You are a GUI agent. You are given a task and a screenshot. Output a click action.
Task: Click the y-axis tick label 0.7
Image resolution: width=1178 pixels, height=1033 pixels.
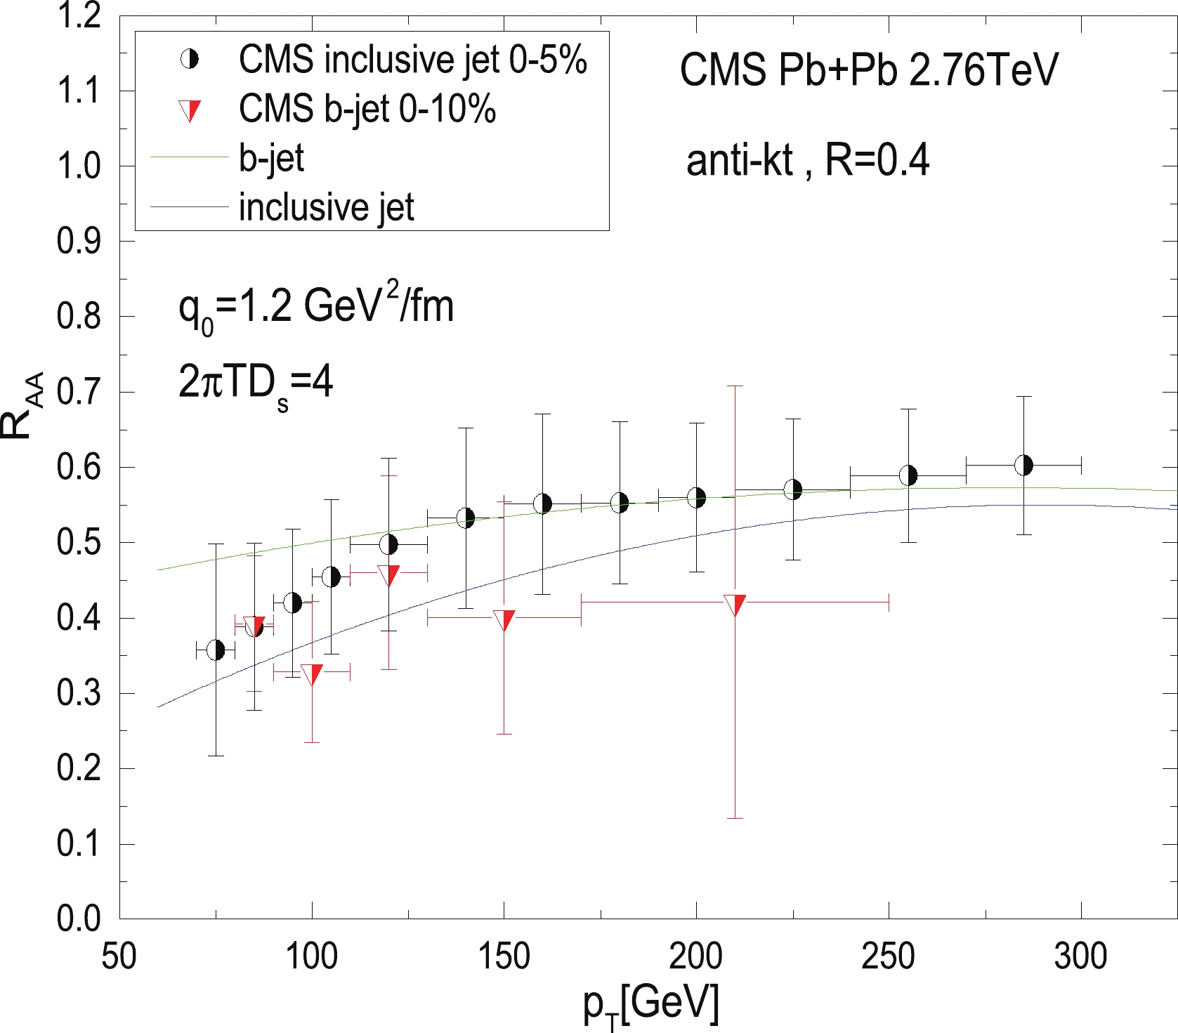(x=79, y=392)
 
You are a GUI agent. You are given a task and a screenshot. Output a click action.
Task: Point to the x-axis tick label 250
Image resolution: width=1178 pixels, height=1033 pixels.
(x=889, y=956)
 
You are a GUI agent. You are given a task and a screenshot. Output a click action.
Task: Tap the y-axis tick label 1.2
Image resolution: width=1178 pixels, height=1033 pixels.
(x=79, y=15)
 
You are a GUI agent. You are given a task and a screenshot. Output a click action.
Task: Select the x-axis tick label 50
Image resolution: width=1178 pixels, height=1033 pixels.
(x=119, y=956)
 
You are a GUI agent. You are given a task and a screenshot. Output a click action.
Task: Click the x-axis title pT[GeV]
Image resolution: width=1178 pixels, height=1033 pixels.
(x=651, y=1004)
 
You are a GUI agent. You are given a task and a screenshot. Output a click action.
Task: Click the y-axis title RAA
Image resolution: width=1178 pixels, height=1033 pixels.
(x=21, y=406)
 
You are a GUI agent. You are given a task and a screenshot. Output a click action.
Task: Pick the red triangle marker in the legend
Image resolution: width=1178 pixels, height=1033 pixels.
(x=190, y=111)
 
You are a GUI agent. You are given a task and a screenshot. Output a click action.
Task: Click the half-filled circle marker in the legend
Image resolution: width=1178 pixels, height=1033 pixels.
(x=190, y=60)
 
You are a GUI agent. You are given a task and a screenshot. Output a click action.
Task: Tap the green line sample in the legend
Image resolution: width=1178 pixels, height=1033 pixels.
(x=190, y=157)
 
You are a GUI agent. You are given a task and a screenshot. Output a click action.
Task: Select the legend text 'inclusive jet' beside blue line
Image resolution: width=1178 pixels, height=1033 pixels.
(x=326, y=207)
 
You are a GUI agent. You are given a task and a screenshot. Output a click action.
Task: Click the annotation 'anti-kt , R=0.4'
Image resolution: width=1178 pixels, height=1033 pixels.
(x=808, y=160)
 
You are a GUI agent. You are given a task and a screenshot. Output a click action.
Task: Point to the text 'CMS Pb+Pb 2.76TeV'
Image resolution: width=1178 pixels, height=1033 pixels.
(x=868, y=70)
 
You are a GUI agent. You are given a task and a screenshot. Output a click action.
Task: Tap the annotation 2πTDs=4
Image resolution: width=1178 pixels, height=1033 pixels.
(x=256, y=384)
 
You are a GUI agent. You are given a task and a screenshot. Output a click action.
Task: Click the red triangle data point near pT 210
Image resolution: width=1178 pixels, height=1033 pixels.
(x=735, y=605)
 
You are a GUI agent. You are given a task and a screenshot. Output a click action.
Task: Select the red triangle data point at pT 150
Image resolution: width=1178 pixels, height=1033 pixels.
(x=504, y=620)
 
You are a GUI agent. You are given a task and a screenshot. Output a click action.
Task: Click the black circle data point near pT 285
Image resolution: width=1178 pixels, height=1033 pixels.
(x=1023, y=465)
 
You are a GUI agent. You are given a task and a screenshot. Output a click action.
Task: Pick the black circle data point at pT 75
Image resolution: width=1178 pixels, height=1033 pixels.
(x=216, y=650)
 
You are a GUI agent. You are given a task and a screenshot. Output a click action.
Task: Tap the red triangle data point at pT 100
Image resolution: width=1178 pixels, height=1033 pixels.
(x=312, y=674)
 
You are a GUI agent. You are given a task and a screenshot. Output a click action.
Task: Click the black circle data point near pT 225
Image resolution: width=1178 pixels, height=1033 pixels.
(x=793, y=489)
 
